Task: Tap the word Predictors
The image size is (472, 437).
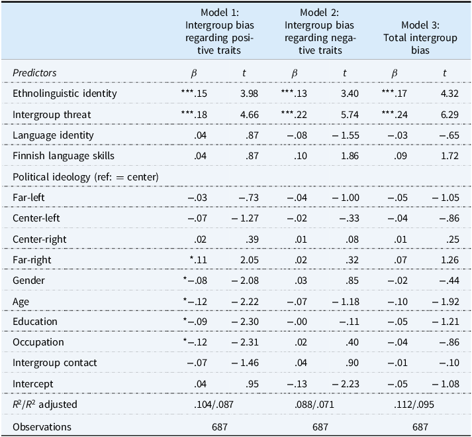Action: pos(34,73)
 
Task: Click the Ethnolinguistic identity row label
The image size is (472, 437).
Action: pos(64,94)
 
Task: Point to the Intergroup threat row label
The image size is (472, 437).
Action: pos(52,115)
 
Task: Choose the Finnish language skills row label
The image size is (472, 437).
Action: pos(63,156)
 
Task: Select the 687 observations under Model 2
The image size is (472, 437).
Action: pos(320,426)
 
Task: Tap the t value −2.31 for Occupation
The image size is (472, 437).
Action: pos(246,342)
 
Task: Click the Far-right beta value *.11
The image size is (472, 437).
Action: pos(197,259)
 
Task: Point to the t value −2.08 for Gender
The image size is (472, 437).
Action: pos(246,280)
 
